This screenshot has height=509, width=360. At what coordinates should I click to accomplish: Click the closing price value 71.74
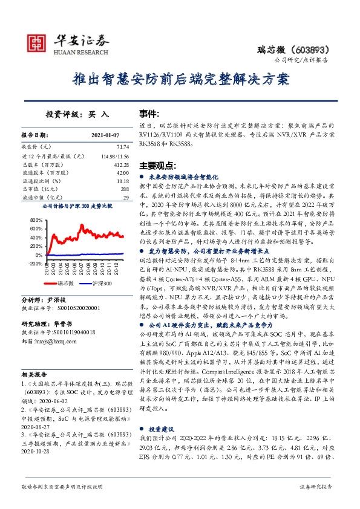(123, 147)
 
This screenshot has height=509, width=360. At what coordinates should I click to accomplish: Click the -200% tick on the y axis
(35, 264)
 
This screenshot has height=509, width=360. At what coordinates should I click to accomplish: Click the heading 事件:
(149, 114)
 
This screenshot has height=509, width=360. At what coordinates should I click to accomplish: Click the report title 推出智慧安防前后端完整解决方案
(180, 79)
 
